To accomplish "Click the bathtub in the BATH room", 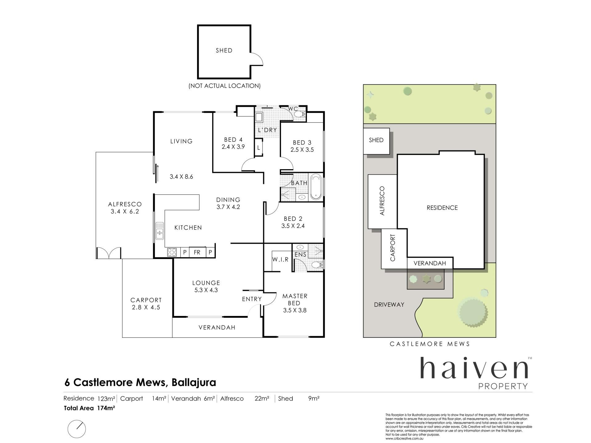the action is tap(316, 187).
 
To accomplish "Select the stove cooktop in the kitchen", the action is tap(172, 253).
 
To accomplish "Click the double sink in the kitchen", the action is tap(160, 231).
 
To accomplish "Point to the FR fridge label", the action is tap(197, 253).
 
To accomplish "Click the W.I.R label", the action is tap(280, 260).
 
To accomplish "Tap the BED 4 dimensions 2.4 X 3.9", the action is tap(233, 147).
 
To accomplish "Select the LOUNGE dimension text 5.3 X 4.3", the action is tap(206, 290).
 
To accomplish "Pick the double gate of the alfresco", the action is tap(108, 253).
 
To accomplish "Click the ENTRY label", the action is tap(252, 299).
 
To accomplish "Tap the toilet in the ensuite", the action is tap(317, 264).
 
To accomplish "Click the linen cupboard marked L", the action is tap(259, 148).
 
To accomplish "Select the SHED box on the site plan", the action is tap(376, 141).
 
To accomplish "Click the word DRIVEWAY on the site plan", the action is tap(389, 305).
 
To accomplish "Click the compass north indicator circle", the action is tap(77, 429).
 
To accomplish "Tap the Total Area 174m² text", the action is tap(89, 408).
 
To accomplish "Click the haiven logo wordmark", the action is tap(474, 368).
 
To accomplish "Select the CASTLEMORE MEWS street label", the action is tap(430, 344).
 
